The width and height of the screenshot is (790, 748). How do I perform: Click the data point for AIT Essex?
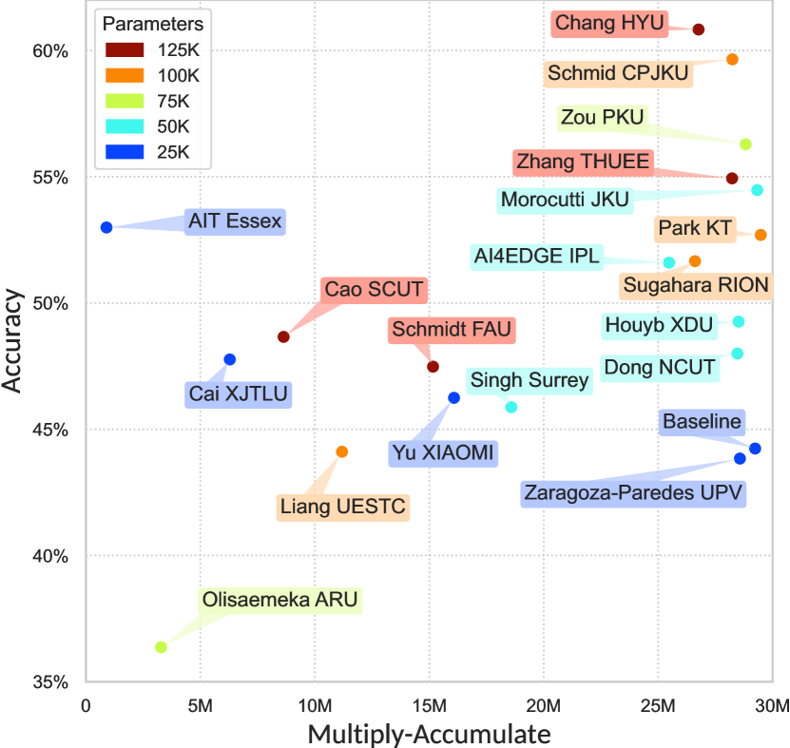coord(106,227)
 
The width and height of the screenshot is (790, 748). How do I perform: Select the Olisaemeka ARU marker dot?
coord(162,647)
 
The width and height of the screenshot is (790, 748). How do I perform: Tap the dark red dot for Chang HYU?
coord(699,29)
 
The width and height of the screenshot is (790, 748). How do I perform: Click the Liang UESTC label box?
coord(343,507)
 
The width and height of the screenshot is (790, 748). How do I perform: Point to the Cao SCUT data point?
coord(283,336)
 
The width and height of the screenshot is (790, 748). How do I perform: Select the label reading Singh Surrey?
coord(530,381)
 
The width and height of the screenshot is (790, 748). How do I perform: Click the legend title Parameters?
coord(152,23)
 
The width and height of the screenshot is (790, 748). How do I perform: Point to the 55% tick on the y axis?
coord(50,178)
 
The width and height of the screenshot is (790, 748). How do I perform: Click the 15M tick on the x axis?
coord(429,707)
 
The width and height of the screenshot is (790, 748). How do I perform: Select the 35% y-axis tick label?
coord(50,682)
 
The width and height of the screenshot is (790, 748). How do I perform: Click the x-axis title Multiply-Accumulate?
coord(428,734)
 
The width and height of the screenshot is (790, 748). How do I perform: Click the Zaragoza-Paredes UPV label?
coord(633,493)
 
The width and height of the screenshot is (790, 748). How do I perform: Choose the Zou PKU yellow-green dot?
coord(745,144)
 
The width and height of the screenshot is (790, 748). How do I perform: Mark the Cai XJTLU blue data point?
coord(230,359)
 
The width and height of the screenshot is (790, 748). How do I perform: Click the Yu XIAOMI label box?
coord(443,453)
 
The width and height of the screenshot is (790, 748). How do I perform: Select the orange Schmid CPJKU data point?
coord(732,59)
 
